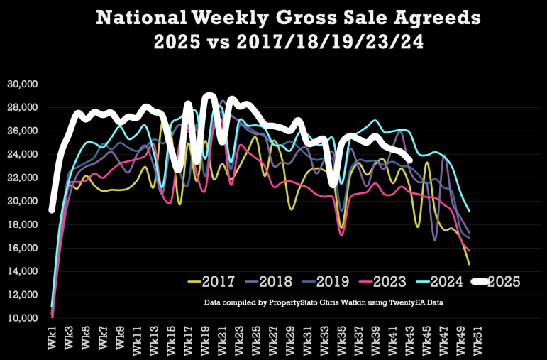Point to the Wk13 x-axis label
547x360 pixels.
coord(155,339)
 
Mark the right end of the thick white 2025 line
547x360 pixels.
coord(409,160)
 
